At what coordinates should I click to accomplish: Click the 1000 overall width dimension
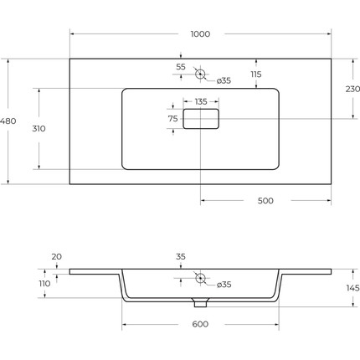tap(200, 34)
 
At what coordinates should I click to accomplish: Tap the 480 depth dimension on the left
tap(8, 121)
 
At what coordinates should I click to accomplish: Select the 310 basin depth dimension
tap(39, 129)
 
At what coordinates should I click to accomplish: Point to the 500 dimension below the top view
tap(265, 201)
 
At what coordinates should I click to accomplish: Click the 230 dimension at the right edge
tap(352, 90)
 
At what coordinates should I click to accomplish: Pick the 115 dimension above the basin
tap(256, 75)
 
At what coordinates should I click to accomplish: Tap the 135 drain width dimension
tap(201, 101)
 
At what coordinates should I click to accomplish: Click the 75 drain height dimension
tap(172, 119)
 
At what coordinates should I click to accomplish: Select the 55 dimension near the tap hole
tap(181, 67)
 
